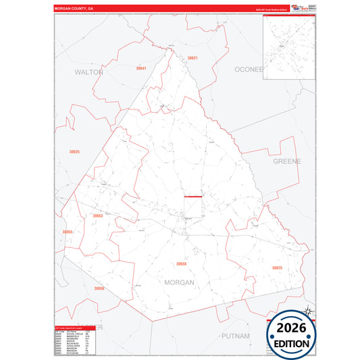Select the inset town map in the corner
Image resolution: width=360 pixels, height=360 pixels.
[288, 47]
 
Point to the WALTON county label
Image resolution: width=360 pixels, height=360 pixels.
[88, 71]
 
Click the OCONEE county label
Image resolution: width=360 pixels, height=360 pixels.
[248, 70]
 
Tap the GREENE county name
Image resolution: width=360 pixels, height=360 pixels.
[286, 161]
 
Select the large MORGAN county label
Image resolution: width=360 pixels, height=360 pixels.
[179, 282]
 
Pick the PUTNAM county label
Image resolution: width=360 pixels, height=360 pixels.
[235, 336]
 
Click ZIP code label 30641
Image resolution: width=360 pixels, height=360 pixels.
[140, 68]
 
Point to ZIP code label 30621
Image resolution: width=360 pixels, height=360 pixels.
[192, 59]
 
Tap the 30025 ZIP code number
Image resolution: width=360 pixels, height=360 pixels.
[74, 152]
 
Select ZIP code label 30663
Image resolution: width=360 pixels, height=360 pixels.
[98, 216]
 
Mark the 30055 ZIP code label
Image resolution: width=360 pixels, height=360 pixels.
[67, 232]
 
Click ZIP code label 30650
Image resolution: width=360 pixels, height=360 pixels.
[181, 264]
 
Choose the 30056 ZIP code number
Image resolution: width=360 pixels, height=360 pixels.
[99, 288]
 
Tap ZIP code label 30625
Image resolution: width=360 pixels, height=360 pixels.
[277, 268]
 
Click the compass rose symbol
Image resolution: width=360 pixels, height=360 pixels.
[308, 311]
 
